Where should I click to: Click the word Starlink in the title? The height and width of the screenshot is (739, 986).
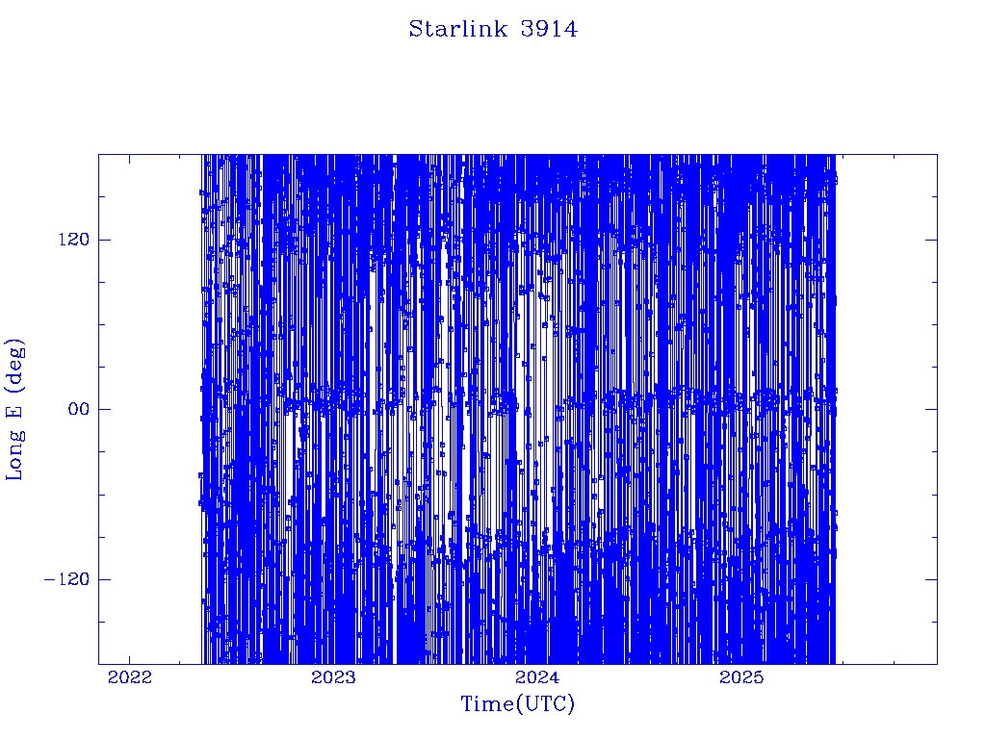click(458, 29)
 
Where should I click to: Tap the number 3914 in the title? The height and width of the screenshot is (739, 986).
click(549, 29)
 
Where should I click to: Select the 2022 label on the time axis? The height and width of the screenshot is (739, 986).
click(130, 677)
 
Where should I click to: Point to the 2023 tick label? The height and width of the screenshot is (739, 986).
click(333, 677)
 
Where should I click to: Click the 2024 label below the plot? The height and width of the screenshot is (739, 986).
click(537, 677)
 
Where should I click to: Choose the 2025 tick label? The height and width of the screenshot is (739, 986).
click(741, 677)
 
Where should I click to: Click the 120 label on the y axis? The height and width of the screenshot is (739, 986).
click(74, 240)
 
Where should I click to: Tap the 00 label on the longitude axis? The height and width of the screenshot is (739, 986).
click(79, 409)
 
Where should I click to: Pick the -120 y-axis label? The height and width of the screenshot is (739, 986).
click(66, 579)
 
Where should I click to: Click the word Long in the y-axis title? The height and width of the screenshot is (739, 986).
click(14, 454)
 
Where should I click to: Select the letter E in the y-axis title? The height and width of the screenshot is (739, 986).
click(13, 411)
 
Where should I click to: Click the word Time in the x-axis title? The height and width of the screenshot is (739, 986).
click(487, 703)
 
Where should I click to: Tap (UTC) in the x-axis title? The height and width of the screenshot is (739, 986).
click(545, 704)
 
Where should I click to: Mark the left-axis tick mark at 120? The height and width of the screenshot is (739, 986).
click(104, 240)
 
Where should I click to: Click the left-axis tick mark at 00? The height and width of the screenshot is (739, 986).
click(104, 409)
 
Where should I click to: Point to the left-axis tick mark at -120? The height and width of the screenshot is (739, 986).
click(104, 579)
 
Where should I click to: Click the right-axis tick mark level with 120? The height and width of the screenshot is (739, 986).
click(931, 240)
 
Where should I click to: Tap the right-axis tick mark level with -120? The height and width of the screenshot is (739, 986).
click(931, 579)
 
